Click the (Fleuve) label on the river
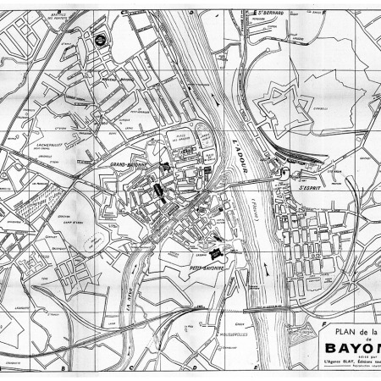click(251, 204)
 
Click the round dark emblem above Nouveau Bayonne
click(99, 37)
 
